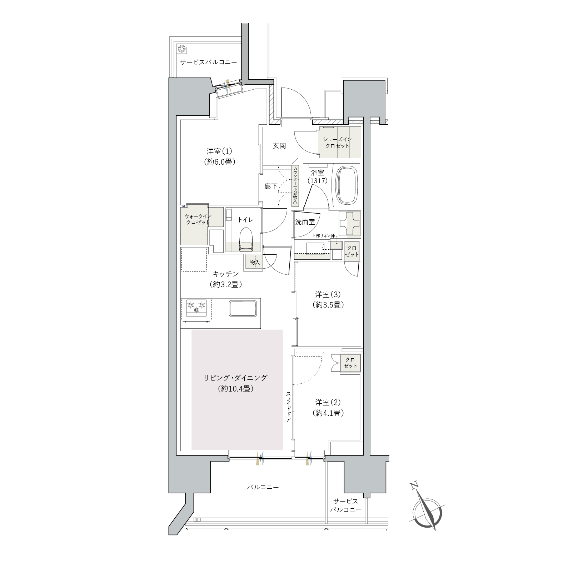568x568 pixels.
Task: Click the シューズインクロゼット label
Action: click(337, 143)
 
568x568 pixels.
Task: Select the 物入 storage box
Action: click(254, 262)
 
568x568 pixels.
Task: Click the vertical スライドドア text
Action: click(288, 407)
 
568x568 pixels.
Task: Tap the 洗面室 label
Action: click(305, 221)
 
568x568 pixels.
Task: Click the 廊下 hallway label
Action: click(270, 186)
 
